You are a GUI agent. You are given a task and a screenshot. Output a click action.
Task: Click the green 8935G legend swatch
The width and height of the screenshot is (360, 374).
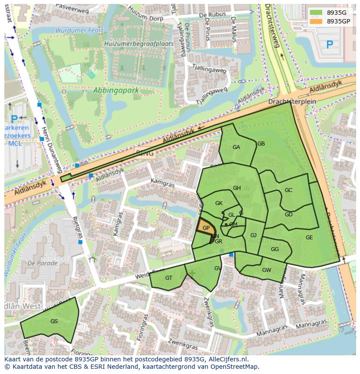(x=317, y=12)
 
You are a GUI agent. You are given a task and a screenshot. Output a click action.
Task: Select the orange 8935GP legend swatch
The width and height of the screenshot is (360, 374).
(x=317, y=21)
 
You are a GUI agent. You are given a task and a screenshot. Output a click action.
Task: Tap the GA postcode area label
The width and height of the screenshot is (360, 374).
(x=236, y=147)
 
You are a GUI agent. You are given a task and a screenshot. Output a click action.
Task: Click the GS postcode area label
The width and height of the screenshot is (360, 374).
(x=54, y=321)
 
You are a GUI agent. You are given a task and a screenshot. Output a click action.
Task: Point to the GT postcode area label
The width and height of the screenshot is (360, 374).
(x=169, y=278)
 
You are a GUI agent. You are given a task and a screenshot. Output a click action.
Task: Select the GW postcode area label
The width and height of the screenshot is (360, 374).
(x=267, y=270)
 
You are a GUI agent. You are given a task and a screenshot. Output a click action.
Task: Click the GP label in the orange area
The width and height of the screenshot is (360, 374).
(x=206, y=228)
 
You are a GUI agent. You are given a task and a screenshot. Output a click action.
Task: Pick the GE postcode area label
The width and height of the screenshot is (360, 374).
(x=309, y=238)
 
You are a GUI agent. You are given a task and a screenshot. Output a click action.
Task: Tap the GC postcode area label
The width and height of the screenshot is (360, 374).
(x=288, y=190)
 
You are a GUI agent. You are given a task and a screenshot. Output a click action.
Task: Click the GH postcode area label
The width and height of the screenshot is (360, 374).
(x=237, y=188)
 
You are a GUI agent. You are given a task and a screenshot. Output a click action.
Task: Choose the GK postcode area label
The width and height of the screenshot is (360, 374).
(x=219, y=203)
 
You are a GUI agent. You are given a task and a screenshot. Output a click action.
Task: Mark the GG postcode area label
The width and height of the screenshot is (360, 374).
(x=274, y=249)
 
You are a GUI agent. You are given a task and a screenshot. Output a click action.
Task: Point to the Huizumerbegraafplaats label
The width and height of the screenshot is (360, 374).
(x=139, y=44)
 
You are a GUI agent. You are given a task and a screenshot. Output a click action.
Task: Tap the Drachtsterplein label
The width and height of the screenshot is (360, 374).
(x=292, y=101)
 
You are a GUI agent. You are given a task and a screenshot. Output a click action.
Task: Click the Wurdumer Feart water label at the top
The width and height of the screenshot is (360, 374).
(x=79, y=30)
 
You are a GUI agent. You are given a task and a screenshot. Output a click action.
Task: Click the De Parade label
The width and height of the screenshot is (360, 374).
(x=42, y=263)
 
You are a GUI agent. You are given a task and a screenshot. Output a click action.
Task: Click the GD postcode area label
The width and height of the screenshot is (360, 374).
(x=289, y=215)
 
